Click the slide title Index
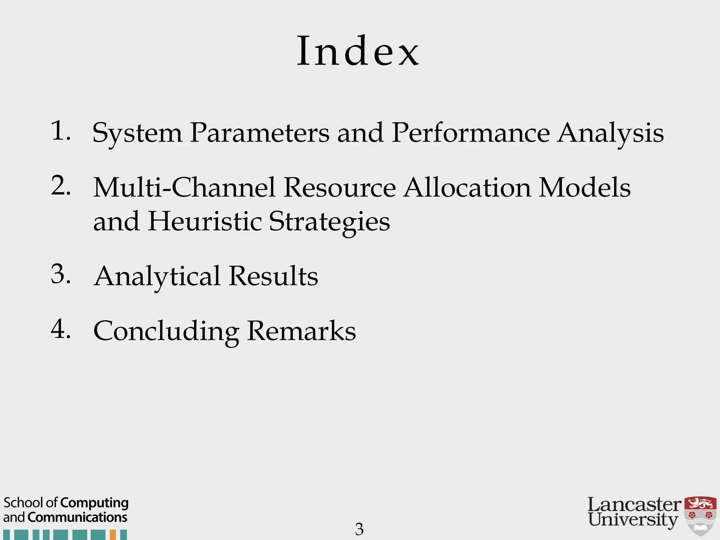pos(358,51)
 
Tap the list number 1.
pos(60,131)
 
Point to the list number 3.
pos(60,274)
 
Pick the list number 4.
pos(60,329)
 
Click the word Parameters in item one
pos(259,133)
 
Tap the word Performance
pos(470,133)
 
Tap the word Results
pos(273,276)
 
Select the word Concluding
pos(166,332)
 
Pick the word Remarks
pos(301,331)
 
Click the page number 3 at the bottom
pos(359,529)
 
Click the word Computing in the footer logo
pos(95,503)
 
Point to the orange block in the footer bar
pos(113,535)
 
